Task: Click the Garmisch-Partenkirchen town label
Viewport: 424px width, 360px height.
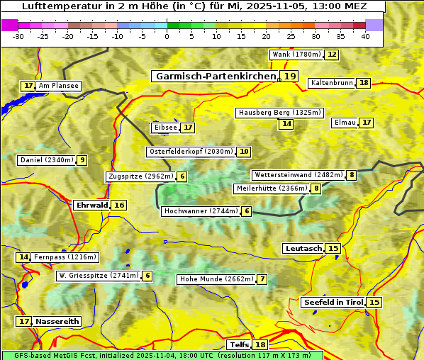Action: point(216,76)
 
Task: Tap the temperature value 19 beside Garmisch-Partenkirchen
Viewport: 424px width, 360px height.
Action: point(289,76)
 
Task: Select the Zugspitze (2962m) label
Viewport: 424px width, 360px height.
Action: point(140,176)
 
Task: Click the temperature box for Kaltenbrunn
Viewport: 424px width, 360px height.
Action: point(364,83)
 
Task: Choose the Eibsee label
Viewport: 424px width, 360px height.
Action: point(165,128)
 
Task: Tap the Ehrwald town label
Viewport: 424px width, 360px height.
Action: point(91,205)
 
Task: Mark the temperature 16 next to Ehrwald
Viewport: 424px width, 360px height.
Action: point(119,205)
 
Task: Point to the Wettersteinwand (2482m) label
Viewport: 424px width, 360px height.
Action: point(298,175)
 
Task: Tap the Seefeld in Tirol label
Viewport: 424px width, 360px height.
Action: point(333,302)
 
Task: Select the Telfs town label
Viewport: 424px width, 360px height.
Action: point(239,344)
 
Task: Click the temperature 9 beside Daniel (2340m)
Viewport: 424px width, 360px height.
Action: point(82,160)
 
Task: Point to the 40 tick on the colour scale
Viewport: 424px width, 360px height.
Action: point(365,36)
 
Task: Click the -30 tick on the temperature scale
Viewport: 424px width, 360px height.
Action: point(18,36)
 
